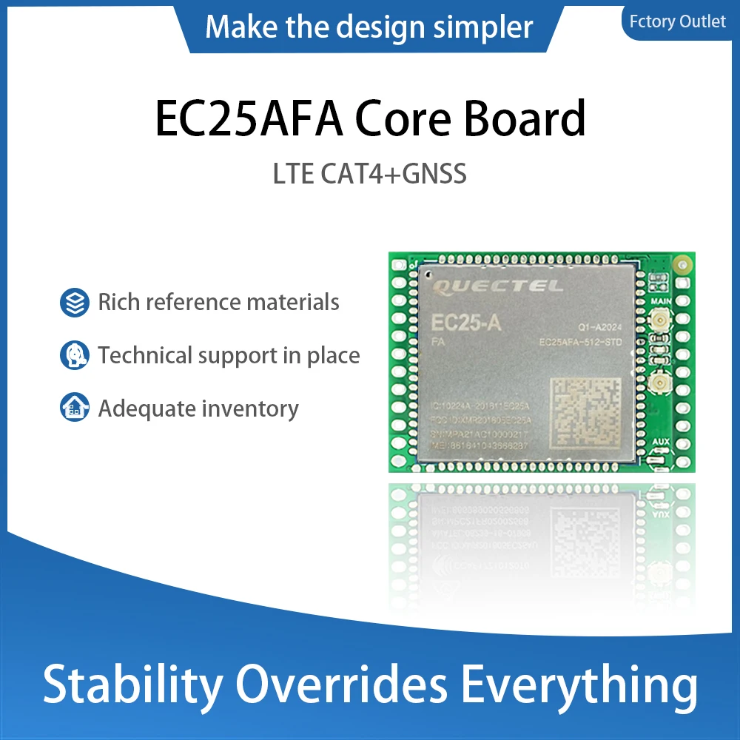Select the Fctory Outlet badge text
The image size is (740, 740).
click(677, 21)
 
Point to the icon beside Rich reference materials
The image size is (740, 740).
click(74, 303)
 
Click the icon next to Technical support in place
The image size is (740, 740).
click(74, 356)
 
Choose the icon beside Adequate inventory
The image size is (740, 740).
click(74, 408)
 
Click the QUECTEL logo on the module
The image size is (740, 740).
click(497, 286)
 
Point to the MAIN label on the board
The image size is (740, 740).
click(661, 303)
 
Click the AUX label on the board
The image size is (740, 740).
click(661, 441)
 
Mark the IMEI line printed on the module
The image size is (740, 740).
click(480, 446)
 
